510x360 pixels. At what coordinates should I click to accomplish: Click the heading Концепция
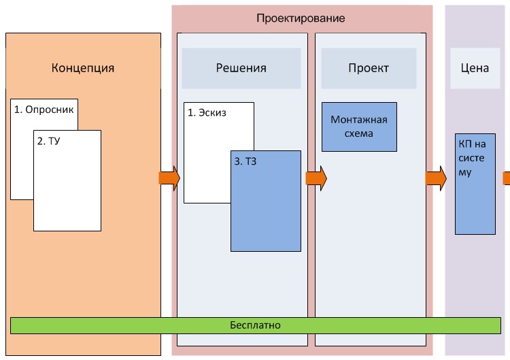click(x=83, y=68)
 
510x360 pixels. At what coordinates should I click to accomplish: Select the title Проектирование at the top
click(x=301, y=18)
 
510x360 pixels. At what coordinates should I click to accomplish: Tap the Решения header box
click(x=241, y=68)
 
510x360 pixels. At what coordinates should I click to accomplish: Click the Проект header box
click(x=369, y=68)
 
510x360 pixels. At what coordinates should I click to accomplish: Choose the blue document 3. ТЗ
click(x=266, y=204)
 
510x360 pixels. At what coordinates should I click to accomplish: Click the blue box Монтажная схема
click(x=359, y=127)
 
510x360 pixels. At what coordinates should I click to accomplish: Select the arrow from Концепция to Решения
click(x=169, y=178)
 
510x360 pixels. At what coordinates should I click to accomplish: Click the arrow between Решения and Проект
click(x=316, y=178)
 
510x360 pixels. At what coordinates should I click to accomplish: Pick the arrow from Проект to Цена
click(x=436, y=178)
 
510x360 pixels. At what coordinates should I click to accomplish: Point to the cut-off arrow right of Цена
click(x=507, y=178)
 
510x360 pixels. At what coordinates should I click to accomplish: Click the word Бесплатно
click(x=255, y=325)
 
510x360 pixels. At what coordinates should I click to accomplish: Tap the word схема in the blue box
click(x=359, y=133)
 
